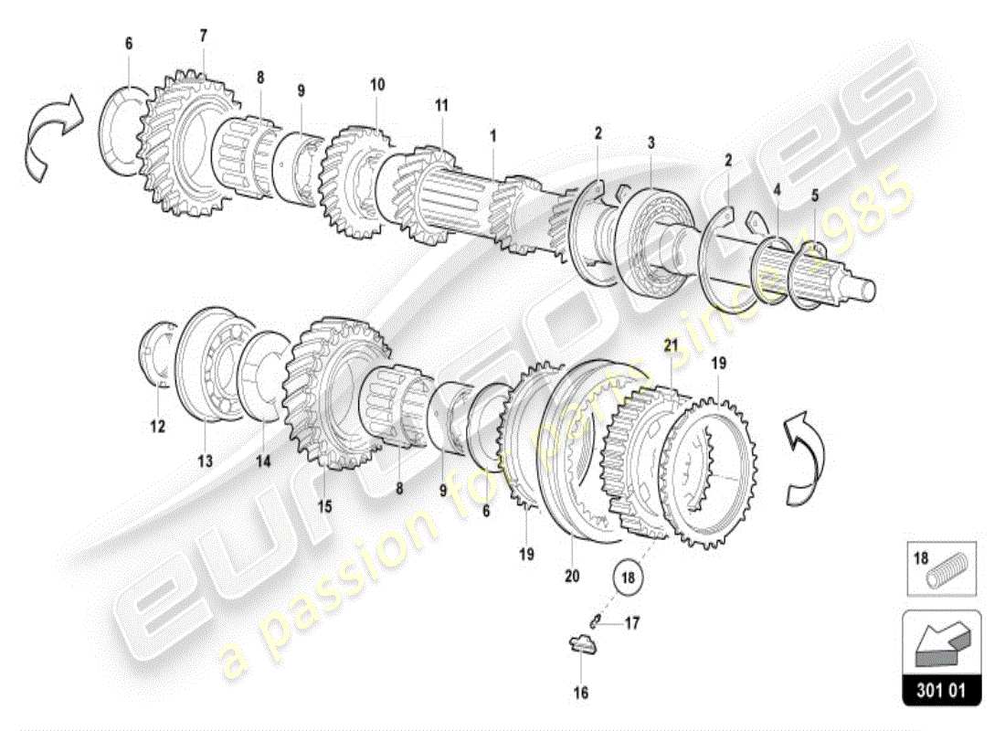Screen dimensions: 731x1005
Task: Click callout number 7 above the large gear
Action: (x=204, y=36)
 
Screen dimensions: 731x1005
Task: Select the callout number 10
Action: (x=377, y=85)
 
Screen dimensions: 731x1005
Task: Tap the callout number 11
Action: (x=441, y=105)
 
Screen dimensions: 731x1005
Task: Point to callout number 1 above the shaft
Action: (x=492, y=135)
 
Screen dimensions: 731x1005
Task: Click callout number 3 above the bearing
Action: (x=651, y=143)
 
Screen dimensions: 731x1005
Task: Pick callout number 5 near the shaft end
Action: (x=815, y=194)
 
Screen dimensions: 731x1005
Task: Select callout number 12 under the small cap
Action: (x=157, y=426)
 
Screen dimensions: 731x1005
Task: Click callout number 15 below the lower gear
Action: (x=325, y=505)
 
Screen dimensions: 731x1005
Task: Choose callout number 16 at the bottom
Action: (x=581, y=693)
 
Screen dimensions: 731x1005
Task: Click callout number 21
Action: (x=672, y=345)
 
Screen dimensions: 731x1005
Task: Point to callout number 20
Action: (x=573, y=577)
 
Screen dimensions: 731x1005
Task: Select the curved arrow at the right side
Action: (x=803, y=457)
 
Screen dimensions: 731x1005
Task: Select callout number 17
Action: (x=632, y=625)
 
